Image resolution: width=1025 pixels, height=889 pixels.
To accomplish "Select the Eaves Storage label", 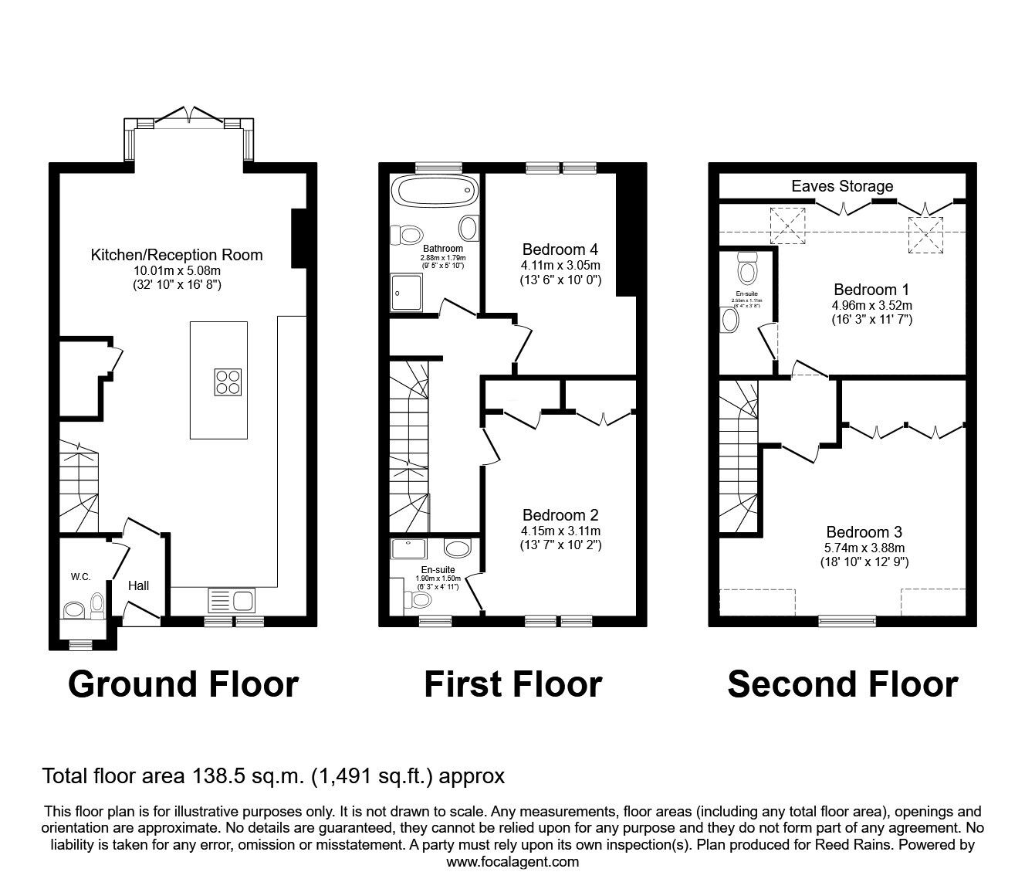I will tap(842, 186).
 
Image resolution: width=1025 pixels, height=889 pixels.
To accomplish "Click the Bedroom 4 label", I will tap(560, 249).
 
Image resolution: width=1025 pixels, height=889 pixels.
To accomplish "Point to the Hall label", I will tap(139, 586).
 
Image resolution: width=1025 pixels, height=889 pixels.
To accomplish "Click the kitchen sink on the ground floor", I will tap(231, 599).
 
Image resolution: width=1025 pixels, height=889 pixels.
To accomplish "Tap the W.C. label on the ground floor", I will tap(81, 577).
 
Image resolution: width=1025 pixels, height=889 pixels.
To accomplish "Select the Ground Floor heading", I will tap(183, 684).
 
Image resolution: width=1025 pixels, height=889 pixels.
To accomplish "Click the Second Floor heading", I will tap(843, 684).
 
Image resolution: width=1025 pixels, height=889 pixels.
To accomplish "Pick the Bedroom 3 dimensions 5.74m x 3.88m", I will tap(864, 548).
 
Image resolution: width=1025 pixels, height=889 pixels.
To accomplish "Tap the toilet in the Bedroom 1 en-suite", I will tap(746, 270).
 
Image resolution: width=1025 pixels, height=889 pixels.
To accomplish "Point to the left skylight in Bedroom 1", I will tap(788, 226).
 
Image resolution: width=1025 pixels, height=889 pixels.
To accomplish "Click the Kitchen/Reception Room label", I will tap(177, 255).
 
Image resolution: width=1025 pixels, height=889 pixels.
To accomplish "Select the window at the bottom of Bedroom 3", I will tap(847, 619).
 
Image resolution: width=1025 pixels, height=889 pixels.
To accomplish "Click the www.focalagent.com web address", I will tap(512, 862).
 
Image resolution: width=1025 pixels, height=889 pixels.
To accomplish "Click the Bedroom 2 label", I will tap(560, 515).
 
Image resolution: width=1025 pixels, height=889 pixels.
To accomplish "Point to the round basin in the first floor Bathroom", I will tap(468, 228).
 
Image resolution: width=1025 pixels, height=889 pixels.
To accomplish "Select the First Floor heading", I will tap(512, 684).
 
